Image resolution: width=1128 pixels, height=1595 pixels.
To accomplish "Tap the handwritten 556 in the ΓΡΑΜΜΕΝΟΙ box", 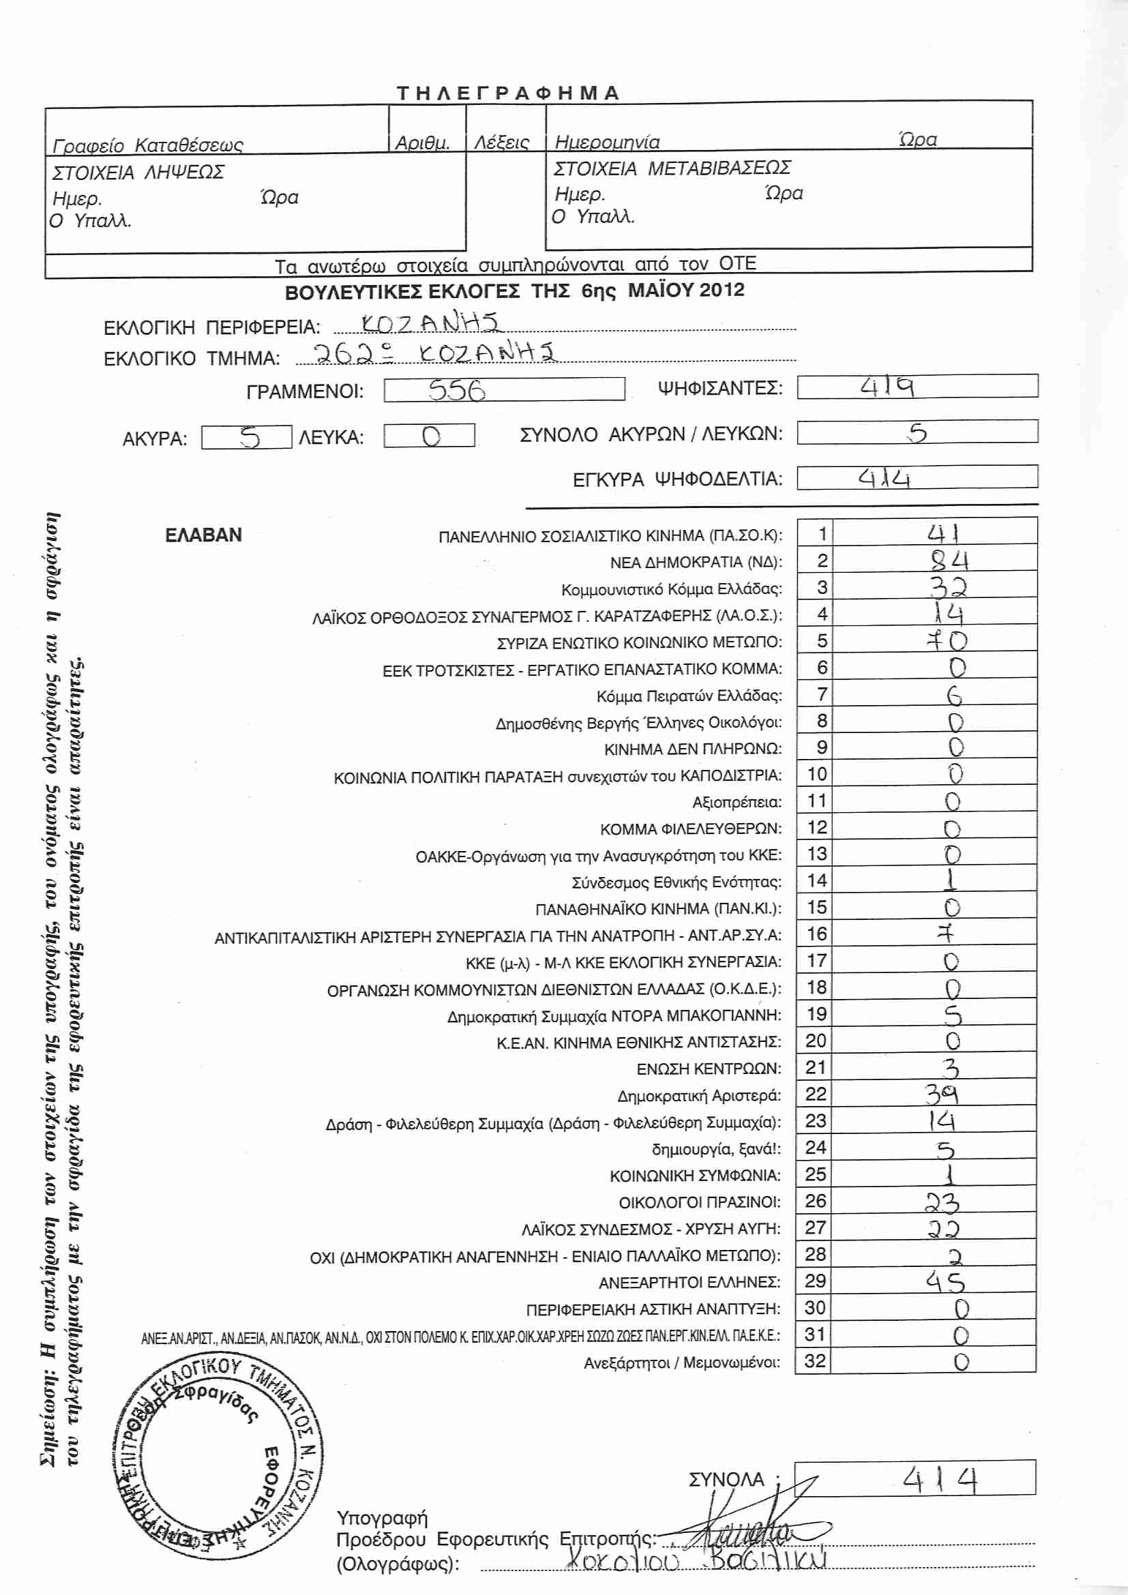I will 456,390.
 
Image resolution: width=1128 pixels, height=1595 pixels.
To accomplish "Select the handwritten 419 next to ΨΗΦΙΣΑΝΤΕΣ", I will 887,386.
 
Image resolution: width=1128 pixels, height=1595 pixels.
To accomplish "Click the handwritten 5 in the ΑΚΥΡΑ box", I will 250,437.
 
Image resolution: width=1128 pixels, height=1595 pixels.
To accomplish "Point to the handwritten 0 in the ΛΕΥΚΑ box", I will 430,436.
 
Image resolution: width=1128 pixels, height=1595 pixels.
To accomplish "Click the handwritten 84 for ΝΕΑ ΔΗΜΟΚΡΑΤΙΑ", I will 949,560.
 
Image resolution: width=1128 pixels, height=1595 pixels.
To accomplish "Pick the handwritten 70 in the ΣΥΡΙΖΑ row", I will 947,640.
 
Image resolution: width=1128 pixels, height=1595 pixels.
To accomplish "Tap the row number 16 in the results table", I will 816,934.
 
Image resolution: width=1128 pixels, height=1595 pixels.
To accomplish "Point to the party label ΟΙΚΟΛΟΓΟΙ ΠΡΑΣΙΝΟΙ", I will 699,1202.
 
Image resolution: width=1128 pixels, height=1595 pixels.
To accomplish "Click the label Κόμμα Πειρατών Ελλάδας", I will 688,696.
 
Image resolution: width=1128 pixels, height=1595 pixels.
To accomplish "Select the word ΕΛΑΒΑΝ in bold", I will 203,535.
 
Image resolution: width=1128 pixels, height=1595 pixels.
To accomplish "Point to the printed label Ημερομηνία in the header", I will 607,143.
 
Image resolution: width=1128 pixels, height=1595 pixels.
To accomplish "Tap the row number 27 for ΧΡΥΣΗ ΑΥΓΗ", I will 815,1227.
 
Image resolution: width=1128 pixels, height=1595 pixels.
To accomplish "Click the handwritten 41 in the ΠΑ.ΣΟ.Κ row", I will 943,533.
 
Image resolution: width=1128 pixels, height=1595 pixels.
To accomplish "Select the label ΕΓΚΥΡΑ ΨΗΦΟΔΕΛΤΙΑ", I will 677,479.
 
